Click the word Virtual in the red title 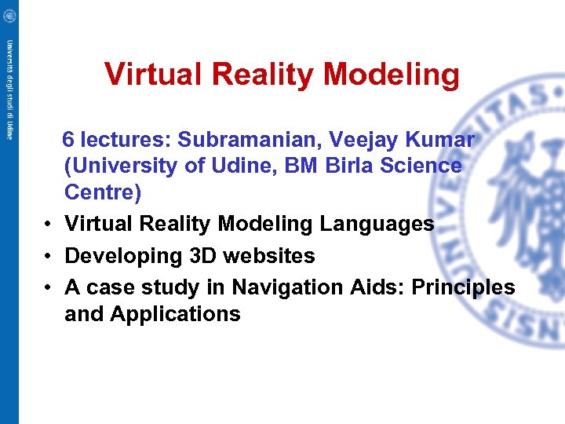coord(148,75)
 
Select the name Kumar coord(443,140)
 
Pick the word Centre coord(102,192)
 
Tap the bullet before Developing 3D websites coord(49,256)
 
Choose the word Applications coord(175,314)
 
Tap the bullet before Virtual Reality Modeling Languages coord(49,224)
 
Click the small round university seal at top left coord(9,13)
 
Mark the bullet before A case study coord(49,287)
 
